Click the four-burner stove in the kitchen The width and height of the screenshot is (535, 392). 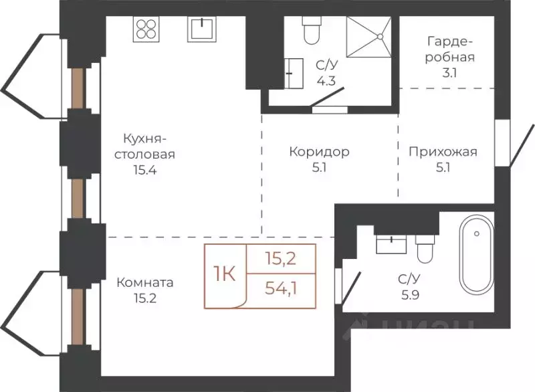tap(147, 29)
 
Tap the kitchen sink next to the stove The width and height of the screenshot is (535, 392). tap(201, 29)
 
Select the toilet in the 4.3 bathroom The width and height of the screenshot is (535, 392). tap(312, 28)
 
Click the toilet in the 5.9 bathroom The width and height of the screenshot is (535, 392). tap(425, 249)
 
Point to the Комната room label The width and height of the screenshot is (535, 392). tap(144, 282)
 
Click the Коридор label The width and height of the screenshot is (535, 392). tap(319, 152)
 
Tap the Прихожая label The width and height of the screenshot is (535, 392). tap(443, 152)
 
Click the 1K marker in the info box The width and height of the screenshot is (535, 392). tap(225, 274)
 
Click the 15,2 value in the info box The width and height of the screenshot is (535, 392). tap(280, 258)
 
